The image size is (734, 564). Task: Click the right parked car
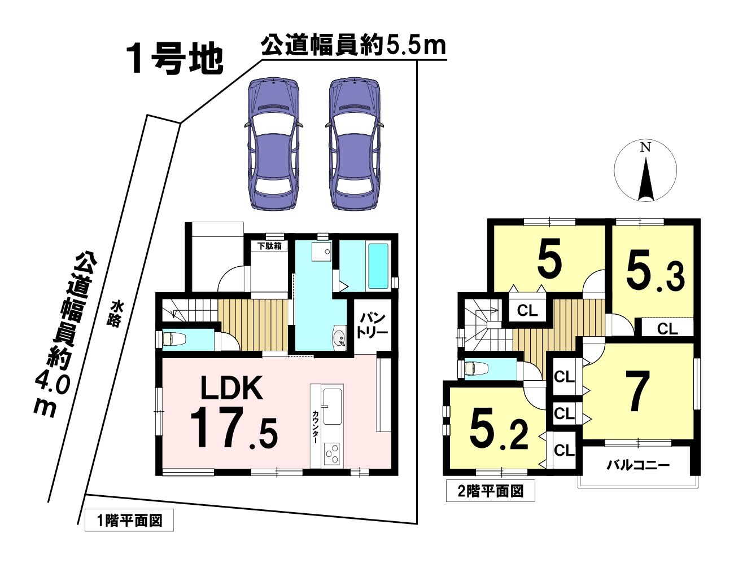tap(355, 144)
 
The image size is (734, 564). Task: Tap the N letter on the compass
tap(645, 148)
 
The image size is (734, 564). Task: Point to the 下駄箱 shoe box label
tap(270, 246)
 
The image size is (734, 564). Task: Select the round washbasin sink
tap(340, 337)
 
